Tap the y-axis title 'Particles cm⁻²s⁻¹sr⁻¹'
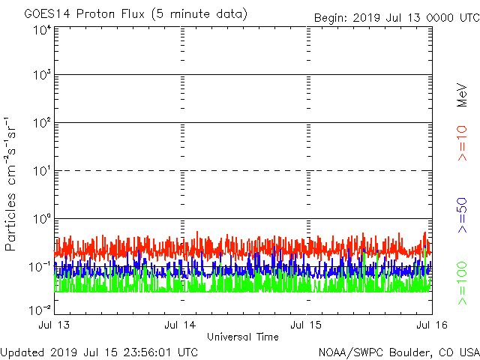[11, 183]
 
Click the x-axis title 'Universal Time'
[242, 337]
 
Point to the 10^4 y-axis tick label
[40, 30]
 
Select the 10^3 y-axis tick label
[40, 75]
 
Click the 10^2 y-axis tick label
[40, 123]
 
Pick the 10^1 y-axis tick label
[40, 171]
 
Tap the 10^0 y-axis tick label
[40, 219]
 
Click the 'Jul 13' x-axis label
[55, 325]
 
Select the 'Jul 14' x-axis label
[181, 325]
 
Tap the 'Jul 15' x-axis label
[307, 325]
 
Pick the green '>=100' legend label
[462, 283]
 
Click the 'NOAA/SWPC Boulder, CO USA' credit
[398, 352]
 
